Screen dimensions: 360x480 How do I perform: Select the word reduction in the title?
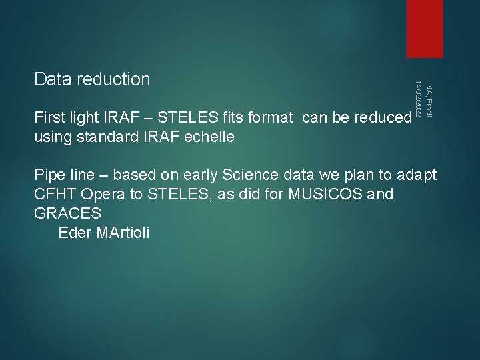pos(113,79)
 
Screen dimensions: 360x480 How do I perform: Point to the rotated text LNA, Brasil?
pos(429,98)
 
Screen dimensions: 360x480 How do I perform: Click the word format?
pos(273,118)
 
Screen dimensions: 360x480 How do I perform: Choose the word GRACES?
pos(68,214)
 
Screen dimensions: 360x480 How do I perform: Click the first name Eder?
pos(75,233)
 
